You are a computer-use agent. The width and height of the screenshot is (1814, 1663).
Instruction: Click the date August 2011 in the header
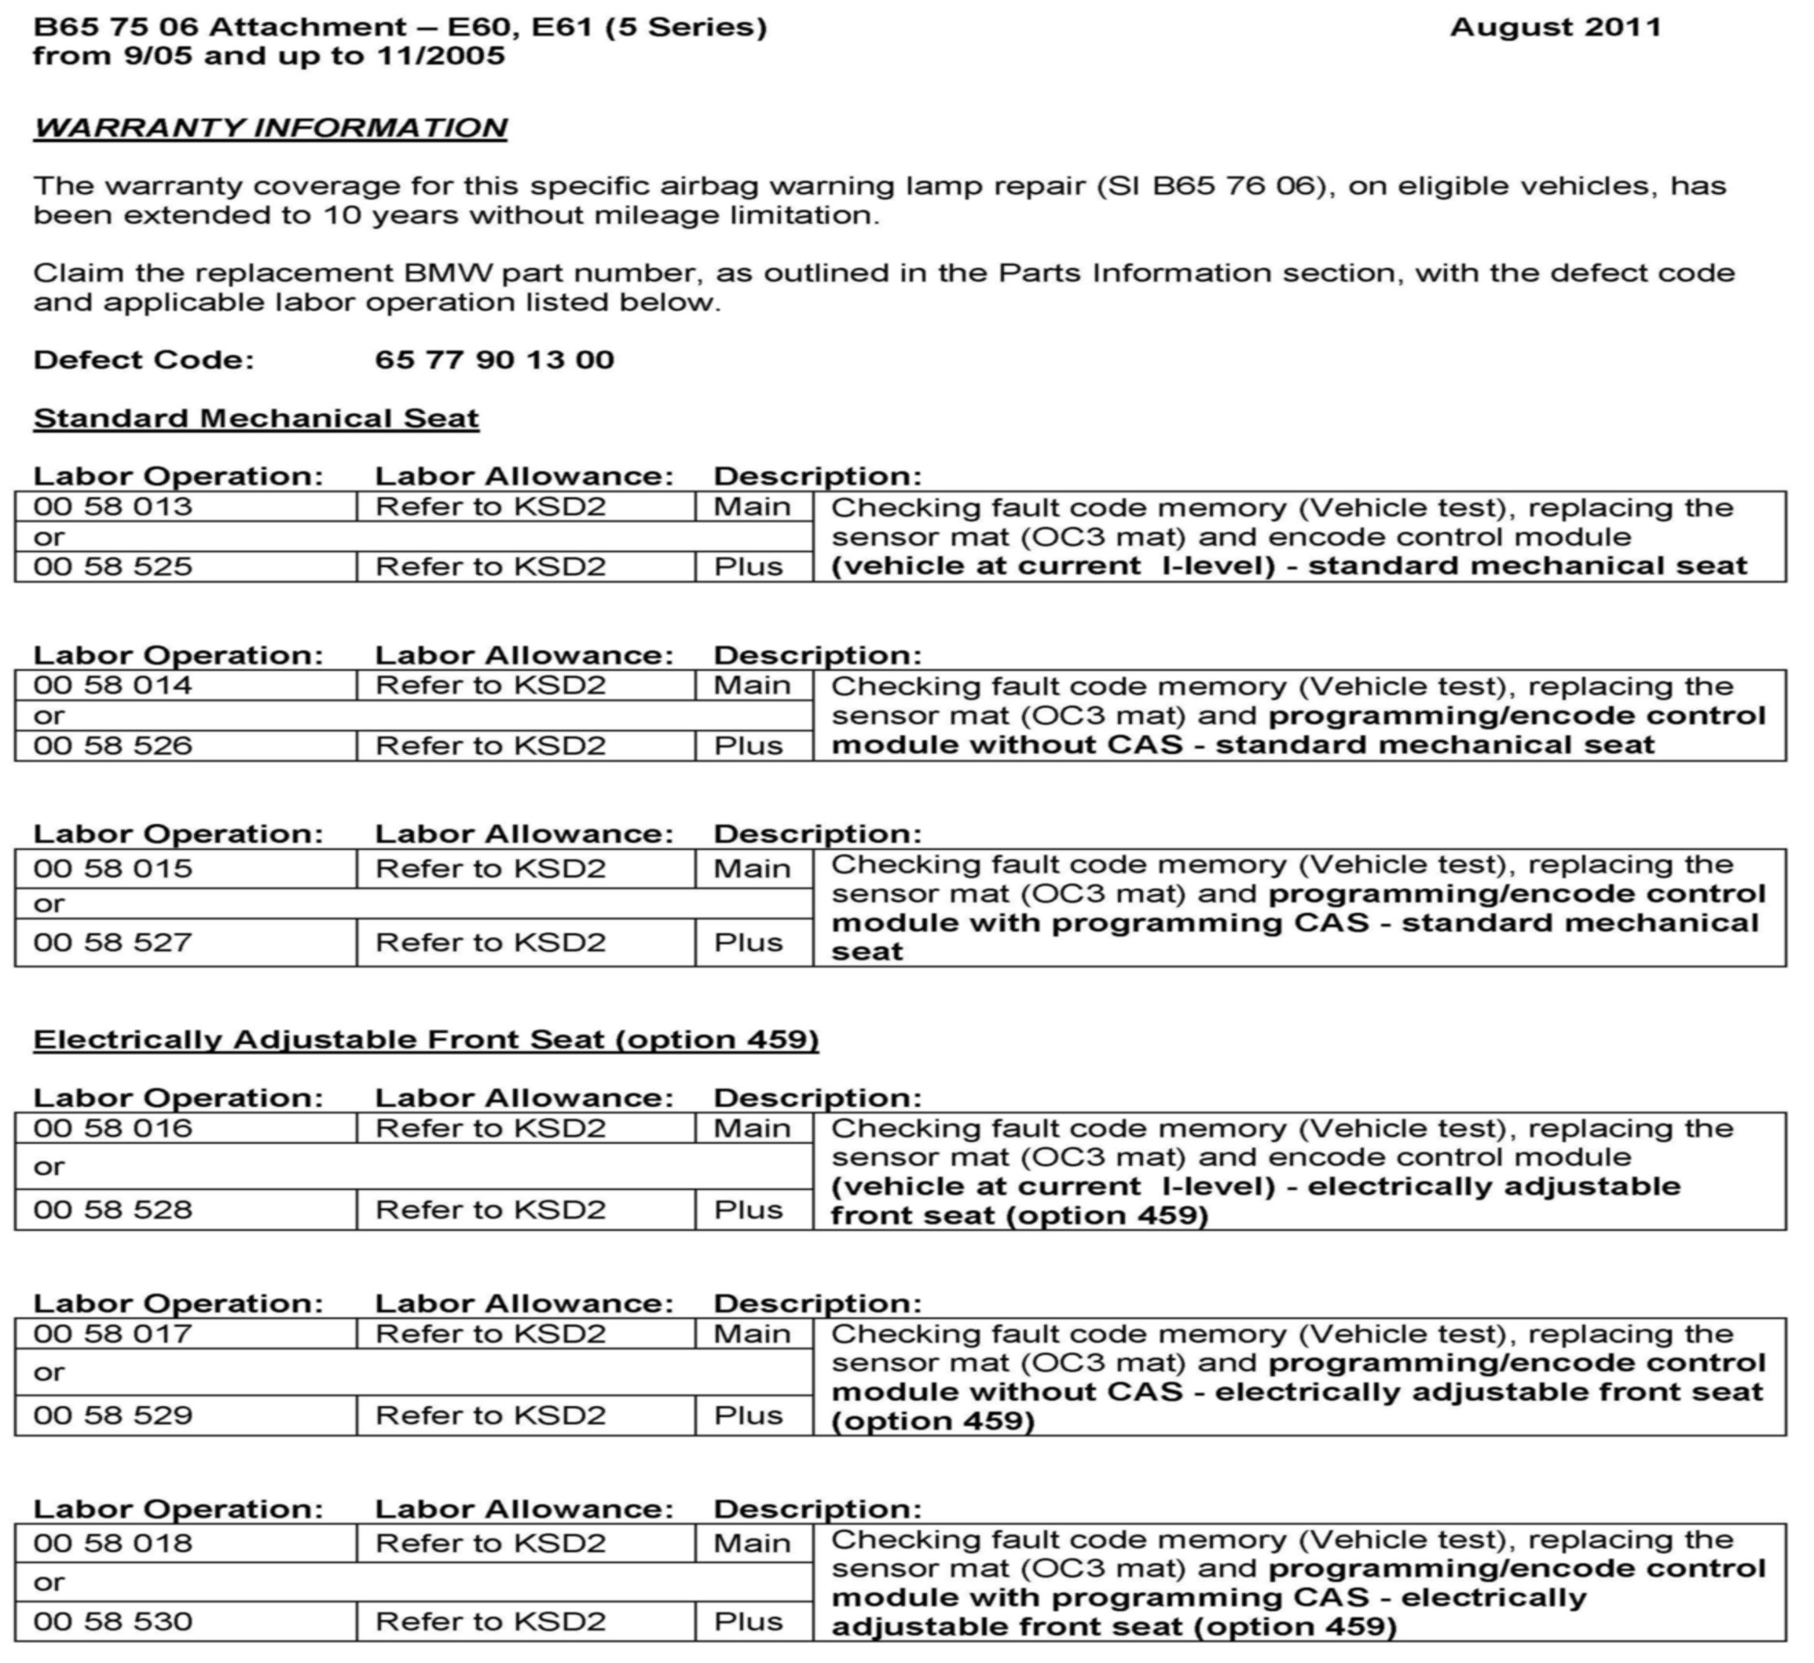(x=1555, y=27)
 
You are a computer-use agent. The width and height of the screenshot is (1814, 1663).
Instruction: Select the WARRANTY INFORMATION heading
(x=270, y=128)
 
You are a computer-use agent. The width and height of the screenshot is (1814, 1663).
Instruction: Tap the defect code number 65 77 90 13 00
(x=494, y=360)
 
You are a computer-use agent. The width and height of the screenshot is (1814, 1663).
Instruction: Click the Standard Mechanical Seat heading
(x=255, y=419)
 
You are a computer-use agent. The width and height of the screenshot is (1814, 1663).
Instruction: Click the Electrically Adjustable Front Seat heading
(x=426, y=1040)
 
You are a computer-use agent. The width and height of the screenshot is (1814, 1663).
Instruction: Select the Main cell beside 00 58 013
(x=753, y=507)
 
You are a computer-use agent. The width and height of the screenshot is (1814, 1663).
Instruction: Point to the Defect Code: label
(x=144, y=360)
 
